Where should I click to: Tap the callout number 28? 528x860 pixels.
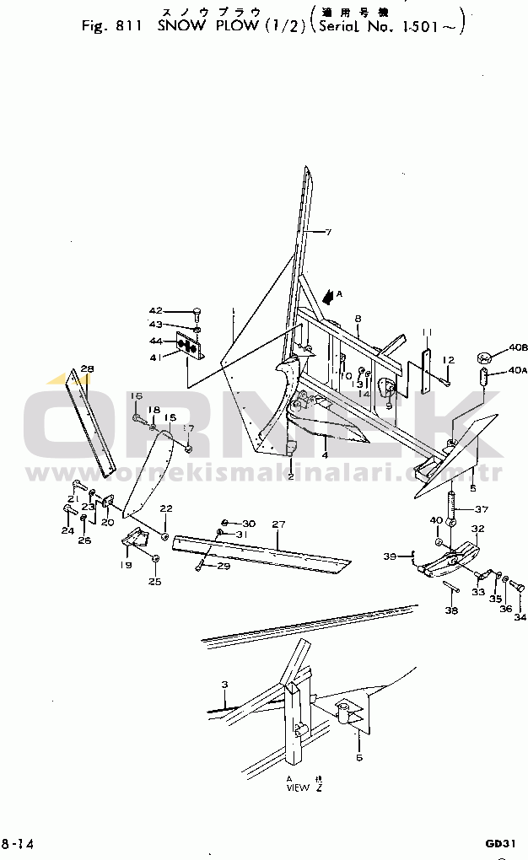(x=87, y=369)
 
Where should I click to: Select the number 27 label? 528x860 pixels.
(x=277, y=524)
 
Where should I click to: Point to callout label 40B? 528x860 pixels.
(x=518, y=347)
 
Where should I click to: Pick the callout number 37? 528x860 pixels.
(x=482, y=509)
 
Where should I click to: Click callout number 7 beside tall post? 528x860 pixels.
(x=329, y=232)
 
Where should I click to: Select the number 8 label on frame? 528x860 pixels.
(x=358, y=319)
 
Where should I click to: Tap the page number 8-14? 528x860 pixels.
(x=18, y=843)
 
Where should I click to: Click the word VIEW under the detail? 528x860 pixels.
(x=298, y=788)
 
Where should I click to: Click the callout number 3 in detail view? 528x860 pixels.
(x=224, y=684)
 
